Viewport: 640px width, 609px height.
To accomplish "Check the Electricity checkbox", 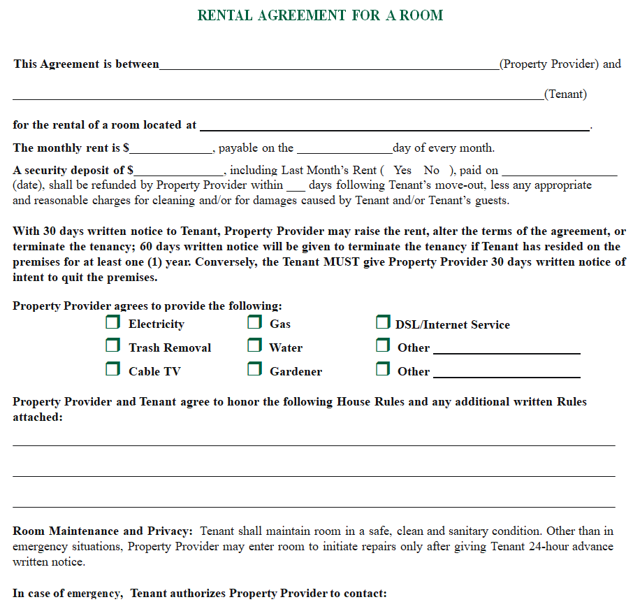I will (x=112, y=323).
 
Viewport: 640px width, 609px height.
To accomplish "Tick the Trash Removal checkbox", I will (x=112, y=346).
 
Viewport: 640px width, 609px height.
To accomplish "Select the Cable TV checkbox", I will (x=112, y=369).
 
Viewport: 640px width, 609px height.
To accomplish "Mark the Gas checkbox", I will (x=255, y=323).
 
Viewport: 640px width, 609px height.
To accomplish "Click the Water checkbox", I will (x=255, y=346).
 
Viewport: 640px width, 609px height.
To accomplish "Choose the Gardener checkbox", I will (x=255, y=369).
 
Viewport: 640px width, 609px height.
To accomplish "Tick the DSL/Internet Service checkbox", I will (x=383, y=323).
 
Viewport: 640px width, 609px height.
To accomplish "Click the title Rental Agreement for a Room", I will (x=320, y=15).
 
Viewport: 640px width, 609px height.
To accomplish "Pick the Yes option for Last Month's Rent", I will (x=402, y=170).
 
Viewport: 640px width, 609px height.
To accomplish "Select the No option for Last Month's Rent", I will (x=432, y=170).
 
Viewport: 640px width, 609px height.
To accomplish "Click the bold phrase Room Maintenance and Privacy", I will (x=102, y=531).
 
